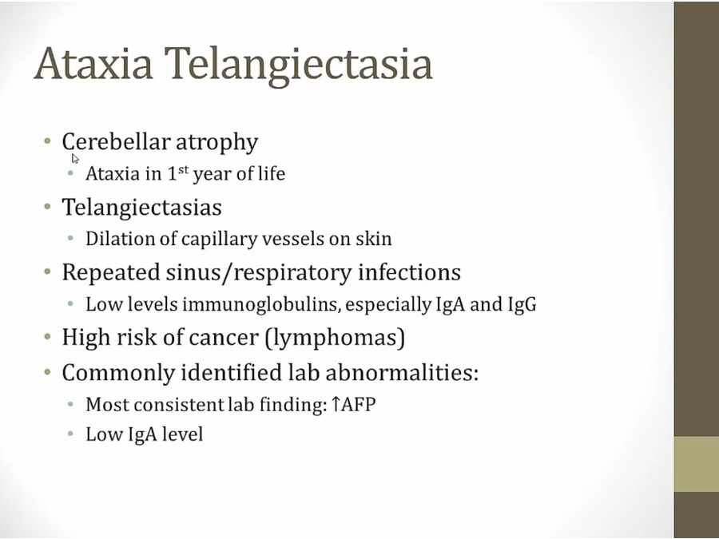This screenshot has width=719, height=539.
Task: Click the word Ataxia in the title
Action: click(93, 63)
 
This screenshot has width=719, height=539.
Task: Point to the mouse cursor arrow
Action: click(75, 159)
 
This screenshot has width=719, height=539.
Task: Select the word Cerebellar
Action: click(116, 141)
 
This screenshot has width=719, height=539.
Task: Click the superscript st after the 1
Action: click(184, 169)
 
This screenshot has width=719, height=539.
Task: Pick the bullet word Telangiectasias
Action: click(141, 207)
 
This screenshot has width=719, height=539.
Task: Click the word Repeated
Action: click(110, 273)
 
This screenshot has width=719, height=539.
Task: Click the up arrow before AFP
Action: click(336, 404)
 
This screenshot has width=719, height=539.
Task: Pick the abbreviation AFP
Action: click(359, 405)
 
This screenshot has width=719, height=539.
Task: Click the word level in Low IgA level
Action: click(182, 434)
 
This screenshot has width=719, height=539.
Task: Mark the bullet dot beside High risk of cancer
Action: click(48, 337)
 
